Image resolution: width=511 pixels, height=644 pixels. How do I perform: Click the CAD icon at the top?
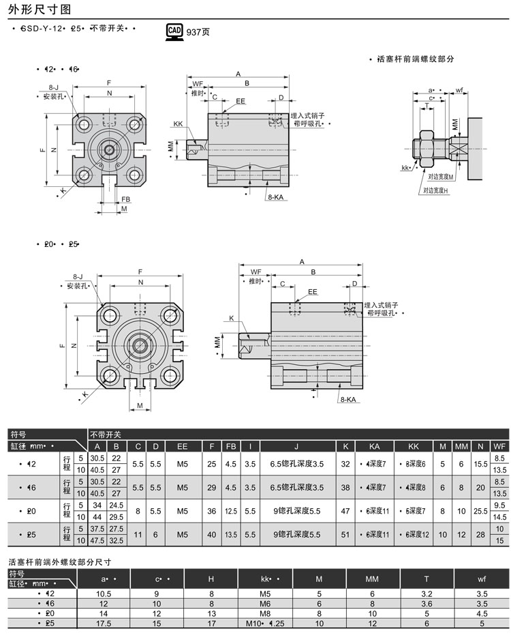click(174, 31)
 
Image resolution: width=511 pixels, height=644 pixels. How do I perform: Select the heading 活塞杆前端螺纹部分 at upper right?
click(415, 59)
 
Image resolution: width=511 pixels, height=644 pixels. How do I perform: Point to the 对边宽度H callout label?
click(435, 190)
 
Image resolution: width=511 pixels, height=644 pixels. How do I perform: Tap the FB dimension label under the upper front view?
click(126, 200)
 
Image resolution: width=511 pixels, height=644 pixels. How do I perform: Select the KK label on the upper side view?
click(178, 124)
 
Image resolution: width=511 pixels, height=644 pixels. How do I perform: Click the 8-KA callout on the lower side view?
click(349, 399)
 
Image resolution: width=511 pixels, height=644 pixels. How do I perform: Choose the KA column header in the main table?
click(374, 446)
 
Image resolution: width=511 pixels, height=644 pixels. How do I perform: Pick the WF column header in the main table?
click(499, 446)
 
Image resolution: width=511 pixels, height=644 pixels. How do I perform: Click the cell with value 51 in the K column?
click(346, 535)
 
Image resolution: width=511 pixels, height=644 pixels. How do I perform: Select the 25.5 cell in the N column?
click(481, 510)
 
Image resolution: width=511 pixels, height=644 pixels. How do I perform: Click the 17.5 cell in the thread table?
click(104, 623)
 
